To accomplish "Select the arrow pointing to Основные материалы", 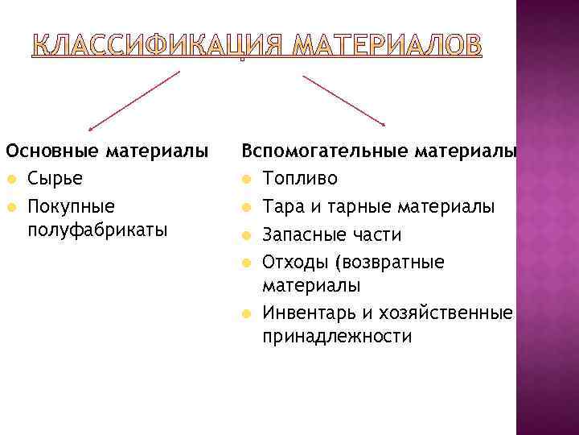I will point(133,100).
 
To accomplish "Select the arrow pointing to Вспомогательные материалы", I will point(344,100).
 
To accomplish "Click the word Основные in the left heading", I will point(51,150).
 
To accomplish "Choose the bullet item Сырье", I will point(53,178).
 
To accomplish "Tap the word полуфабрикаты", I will point(97,230).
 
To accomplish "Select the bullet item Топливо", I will point(300,178).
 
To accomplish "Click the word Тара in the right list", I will point(282,206).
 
